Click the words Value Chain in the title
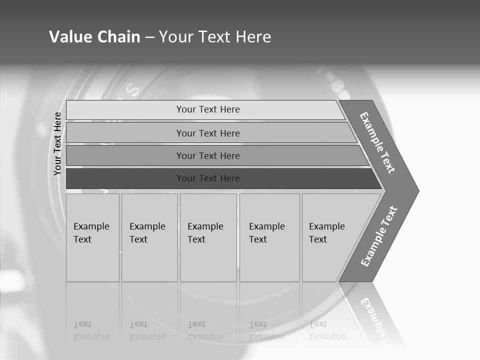[x=94, y=36]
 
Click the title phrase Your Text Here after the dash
[x=215, y=36]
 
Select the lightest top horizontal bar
[x=125, y=110]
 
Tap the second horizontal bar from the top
[x=125, y=133]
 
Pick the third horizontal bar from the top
[x=125, y=155]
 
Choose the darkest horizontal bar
[x=125, y=178]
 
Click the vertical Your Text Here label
[x=57, y=143]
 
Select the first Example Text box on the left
[x=92, y=237]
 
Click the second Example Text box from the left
[x=149, y=237]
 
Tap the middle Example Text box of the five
[x=208, y=237]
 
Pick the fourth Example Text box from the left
[x=269, y=237]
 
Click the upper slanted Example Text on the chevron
[x=377, y=142]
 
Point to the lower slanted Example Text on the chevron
[x=378, y=236]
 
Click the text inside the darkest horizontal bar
[x=208, y=178]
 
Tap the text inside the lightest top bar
[x=208, y=109]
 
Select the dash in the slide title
[x=149, y=37]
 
